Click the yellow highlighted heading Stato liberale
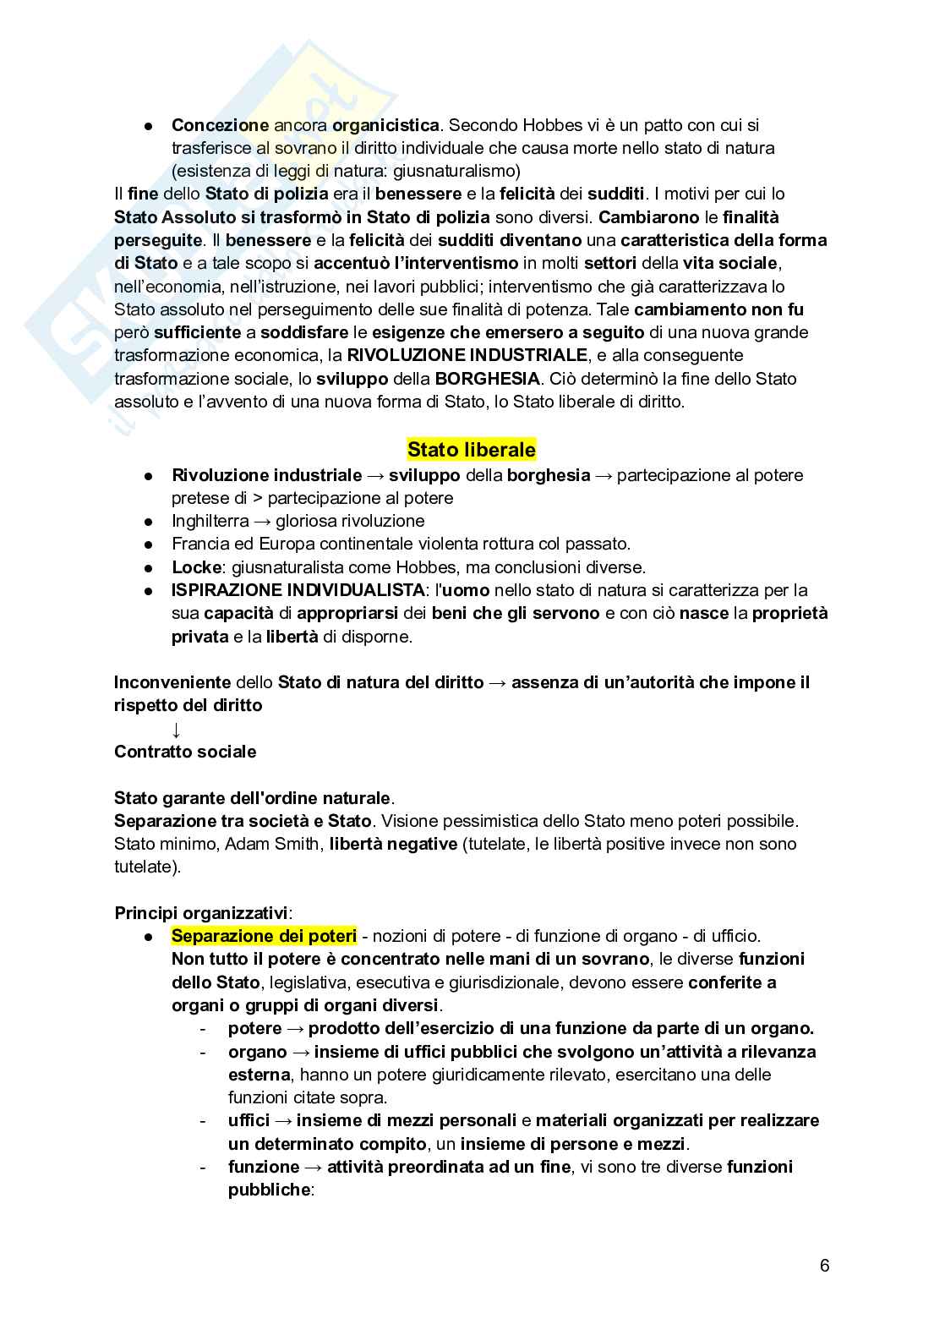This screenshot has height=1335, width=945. pos(472,448)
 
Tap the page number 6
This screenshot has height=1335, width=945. pos(824,1266)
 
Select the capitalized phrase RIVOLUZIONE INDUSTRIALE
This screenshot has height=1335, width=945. pos(467,355)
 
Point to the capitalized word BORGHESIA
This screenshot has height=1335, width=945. pos(487,378)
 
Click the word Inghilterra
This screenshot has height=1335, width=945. pos(210,521)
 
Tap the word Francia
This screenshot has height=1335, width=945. pos(199,544)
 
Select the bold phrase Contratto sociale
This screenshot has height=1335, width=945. pos(185,752)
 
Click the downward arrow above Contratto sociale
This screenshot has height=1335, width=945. pos(176,729)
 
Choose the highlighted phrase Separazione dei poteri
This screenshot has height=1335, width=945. pos(264,936)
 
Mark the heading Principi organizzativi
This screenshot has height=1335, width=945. pos(202,913)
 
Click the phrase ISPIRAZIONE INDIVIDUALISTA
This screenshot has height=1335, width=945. pos(298,590)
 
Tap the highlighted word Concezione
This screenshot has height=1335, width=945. pos(220,125)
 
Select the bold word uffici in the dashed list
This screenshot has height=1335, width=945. pos(249,1120)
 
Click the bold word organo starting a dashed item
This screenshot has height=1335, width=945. pos(257,1052)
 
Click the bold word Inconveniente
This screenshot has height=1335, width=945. pos(172,682)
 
